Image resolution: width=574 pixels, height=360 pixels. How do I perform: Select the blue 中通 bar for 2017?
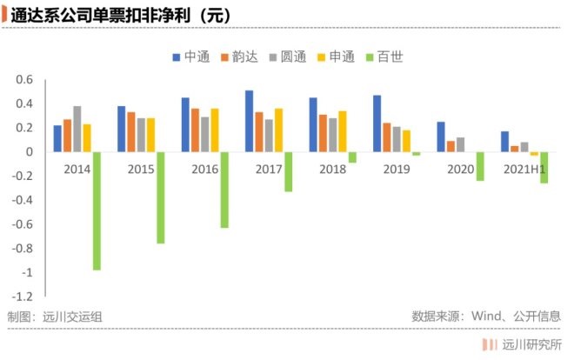249,121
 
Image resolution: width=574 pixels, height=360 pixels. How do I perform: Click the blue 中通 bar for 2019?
377,123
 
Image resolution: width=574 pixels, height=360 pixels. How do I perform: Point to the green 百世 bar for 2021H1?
544,168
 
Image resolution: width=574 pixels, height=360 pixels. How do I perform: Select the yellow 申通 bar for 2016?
215,130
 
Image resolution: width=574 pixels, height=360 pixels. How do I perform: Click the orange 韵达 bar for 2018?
323,133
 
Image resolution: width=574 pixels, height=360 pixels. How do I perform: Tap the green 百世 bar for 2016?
224,190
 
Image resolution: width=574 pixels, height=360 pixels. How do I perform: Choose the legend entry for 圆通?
287,57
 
